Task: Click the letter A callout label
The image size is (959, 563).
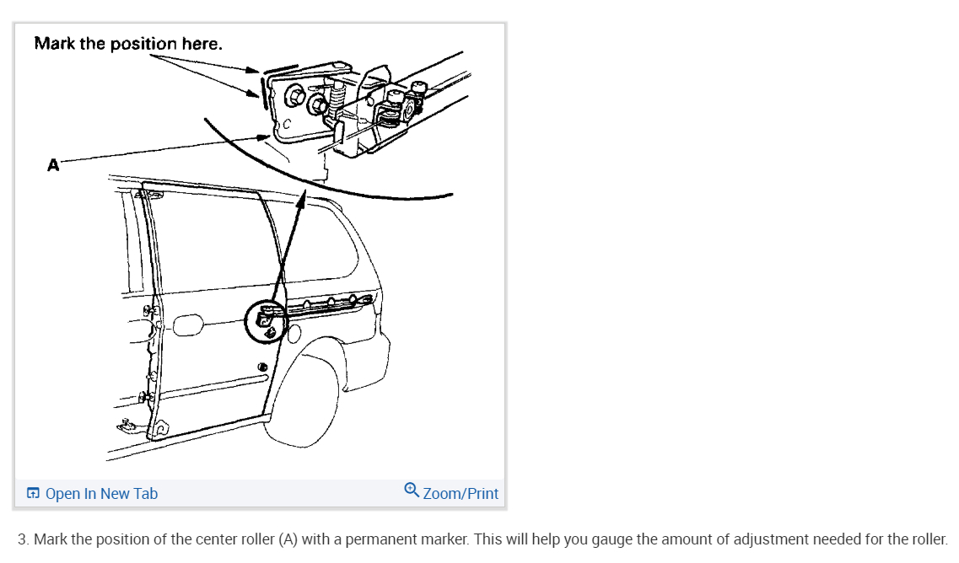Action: click(53, 165)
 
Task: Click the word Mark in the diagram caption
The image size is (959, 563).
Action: click(54, 43)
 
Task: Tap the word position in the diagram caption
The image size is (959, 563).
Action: click(143, 43)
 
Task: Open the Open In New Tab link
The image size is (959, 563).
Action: click(100, 494)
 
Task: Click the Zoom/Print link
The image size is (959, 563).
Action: click(461, 494)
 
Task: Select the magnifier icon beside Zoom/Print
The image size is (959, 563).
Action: click(412, 490)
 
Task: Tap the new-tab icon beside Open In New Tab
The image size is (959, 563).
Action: click(33, 494)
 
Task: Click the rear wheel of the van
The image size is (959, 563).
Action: click(304, 399)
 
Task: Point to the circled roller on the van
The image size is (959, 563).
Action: click(266, 320)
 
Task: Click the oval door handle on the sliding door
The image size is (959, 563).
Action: click(188, 324)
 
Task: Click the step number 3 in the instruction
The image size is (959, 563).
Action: click(23, 539)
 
